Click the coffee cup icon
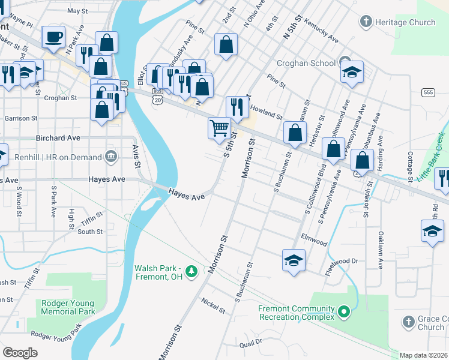click(53, 37)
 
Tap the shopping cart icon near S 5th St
click(219, 128)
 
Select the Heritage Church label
click(405, 22)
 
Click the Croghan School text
click(306, 62)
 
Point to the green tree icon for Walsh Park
click(191, 272)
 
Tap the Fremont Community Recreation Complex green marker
click(343, 312)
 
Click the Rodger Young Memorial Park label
click(68, 307)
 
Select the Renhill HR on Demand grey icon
click(110, 157)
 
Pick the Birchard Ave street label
click(58, 137)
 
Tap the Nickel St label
click(213, 305)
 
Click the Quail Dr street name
click(251, 342)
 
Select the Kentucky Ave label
click(321, 31)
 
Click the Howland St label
click(266, 112)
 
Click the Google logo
click(20, 353)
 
